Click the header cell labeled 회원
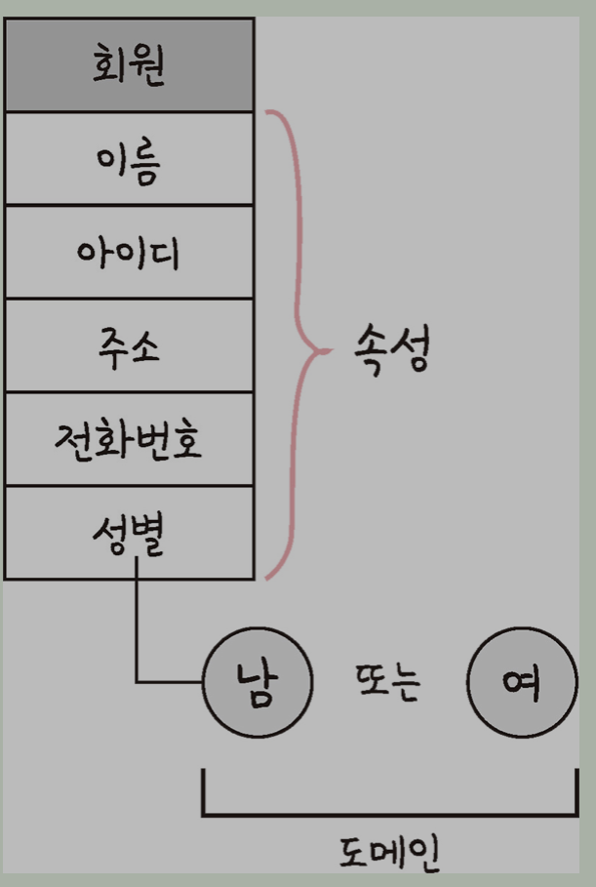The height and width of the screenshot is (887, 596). pos(129,64)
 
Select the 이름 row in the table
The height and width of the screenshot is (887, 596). pos(129,159)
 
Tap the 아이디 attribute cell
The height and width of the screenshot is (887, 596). pos(129,253)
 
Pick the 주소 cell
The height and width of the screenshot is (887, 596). pos(129,346)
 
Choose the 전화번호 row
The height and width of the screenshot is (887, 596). pos(129,440)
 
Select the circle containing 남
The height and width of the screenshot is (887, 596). pos(257,680)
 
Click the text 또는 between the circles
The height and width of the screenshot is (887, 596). pos(389,681)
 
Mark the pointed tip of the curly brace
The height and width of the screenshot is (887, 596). pos(323,346)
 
